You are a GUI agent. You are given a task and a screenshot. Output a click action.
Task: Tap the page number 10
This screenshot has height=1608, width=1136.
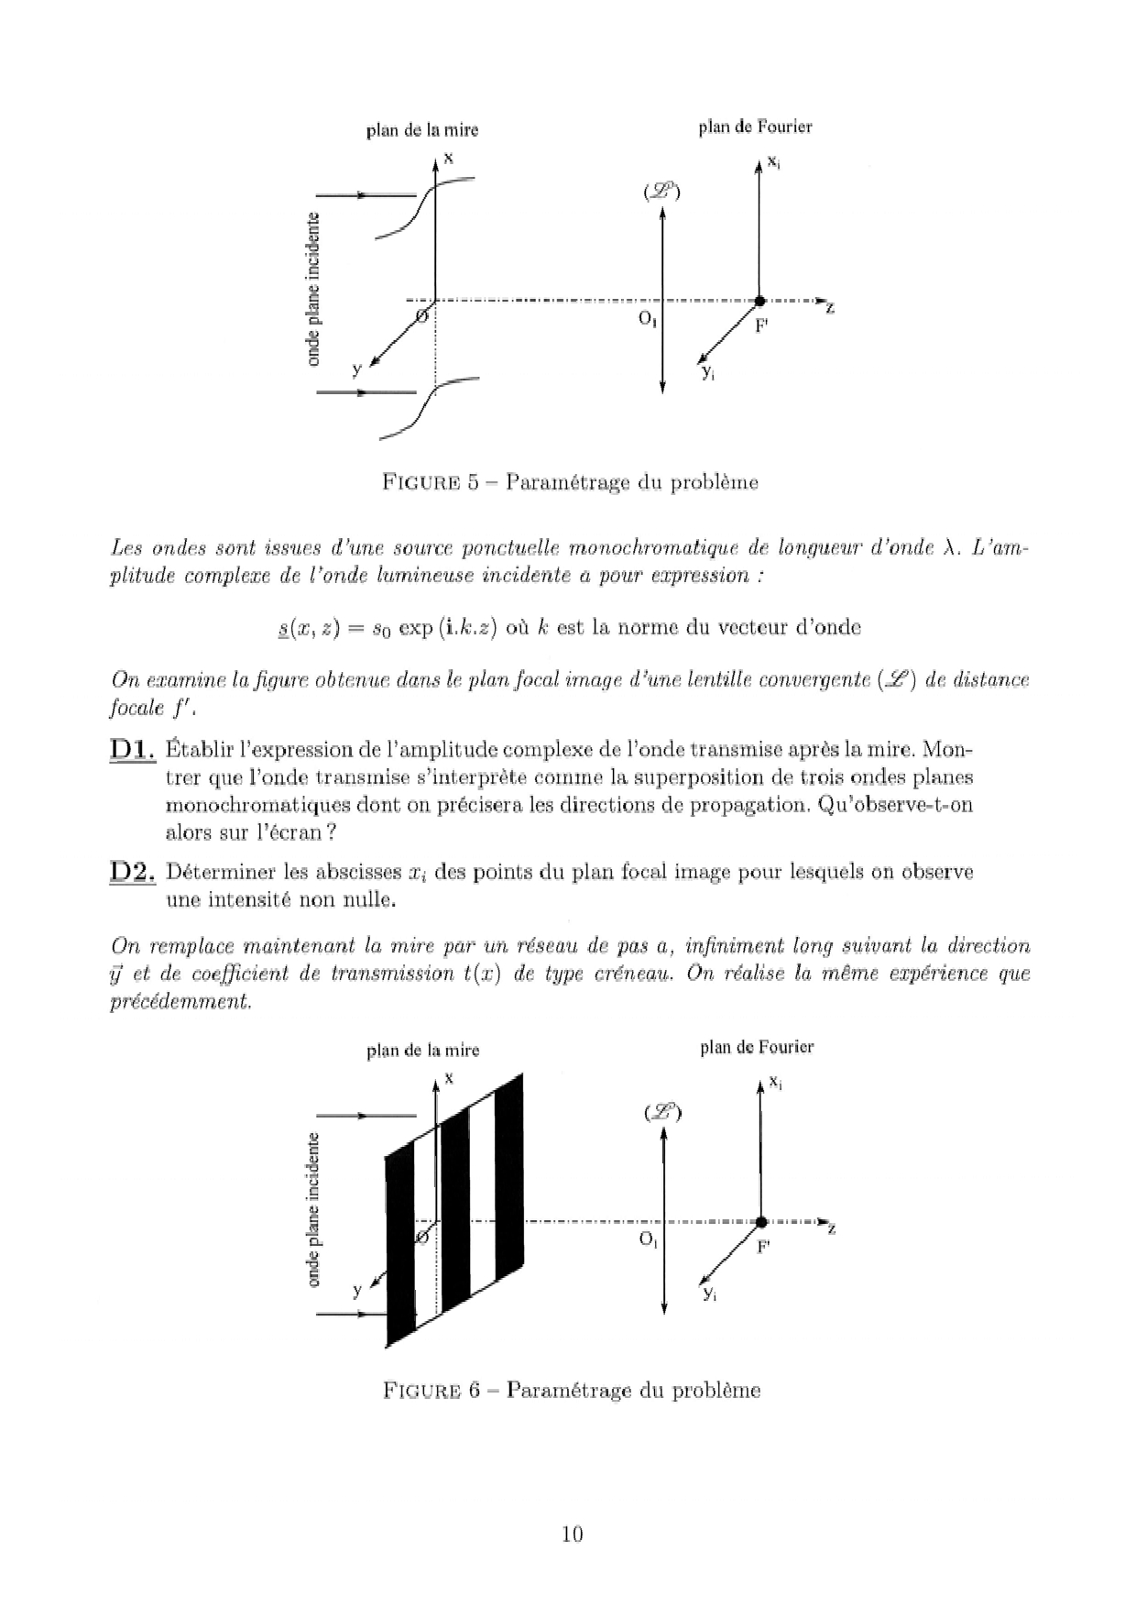point(572,1534)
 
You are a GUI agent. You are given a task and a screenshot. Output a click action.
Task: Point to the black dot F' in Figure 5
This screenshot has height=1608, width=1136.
point(759,301)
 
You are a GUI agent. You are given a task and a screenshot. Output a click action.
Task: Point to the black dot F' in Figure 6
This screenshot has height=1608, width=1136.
point(760,1221)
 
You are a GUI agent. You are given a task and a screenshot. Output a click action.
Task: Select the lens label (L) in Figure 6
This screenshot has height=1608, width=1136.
point(662,1112)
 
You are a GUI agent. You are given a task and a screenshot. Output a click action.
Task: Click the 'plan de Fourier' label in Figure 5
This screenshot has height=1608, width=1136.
point(755,127)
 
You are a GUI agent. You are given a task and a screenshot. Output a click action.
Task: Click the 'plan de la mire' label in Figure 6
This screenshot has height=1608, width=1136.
point(422,1050)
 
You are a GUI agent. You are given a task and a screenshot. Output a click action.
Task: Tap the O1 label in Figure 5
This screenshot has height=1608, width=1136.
point(648,320)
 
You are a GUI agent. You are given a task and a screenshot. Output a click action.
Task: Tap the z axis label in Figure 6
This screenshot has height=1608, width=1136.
point(832,1229)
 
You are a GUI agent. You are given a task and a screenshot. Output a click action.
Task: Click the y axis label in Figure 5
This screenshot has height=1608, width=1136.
point(357,369)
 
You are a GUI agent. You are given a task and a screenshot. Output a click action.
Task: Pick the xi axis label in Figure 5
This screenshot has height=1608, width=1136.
point(774,161)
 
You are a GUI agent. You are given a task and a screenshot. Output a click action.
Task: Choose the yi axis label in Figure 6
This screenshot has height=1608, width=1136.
point(708,1293)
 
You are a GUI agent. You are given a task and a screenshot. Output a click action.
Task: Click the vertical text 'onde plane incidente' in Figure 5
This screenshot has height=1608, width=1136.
point(314,289)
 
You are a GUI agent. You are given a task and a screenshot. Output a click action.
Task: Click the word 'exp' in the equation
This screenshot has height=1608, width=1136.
point(415,628)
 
